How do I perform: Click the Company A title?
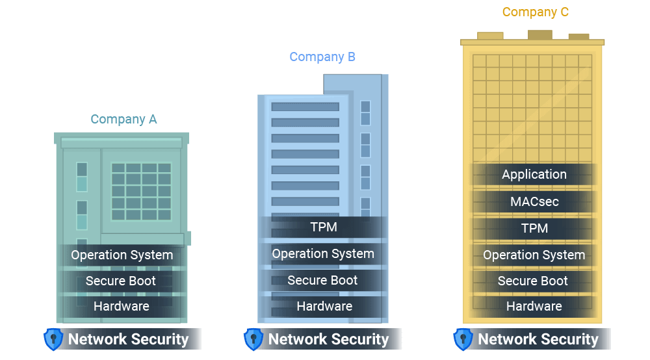click(x=123, y=119)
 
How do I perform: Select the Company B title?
click(x=322, y=57)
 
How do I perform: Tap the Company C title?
click(x=536, y=12)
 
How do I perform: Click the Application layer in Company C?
click(x=534, y=174)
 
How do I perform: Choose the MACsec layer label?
click(x=534, y=201)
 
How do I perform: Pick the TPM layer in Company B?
click(x=324, y=227)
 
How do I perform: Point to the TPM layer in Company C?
click(x=534, y=228)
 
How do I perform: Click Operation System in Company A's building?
click(x=122, y=255)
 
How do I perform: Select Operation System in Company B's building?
click(x=323, y=253)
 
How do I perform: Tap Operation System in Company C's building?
click(x=534, y=255)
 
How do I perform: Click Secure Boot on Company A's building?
click(x=121, y=281)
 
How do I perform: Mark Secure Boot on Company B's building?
click(x=323, y=280)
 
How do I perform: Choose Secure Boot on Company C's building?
click(x=533, y=281)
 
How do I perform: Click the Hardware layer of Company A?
click(x=122, y=306)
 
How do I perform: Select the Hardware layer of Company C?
click(x=534, y=306)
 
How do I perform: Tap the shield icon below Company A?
click(x=53, y=339)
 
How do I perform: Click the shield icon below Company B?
click(x=253, y=339)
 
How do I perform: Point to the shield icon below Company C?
click(x=463, y=339)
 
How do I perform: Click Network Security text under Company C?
click(x=538, y=339)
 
